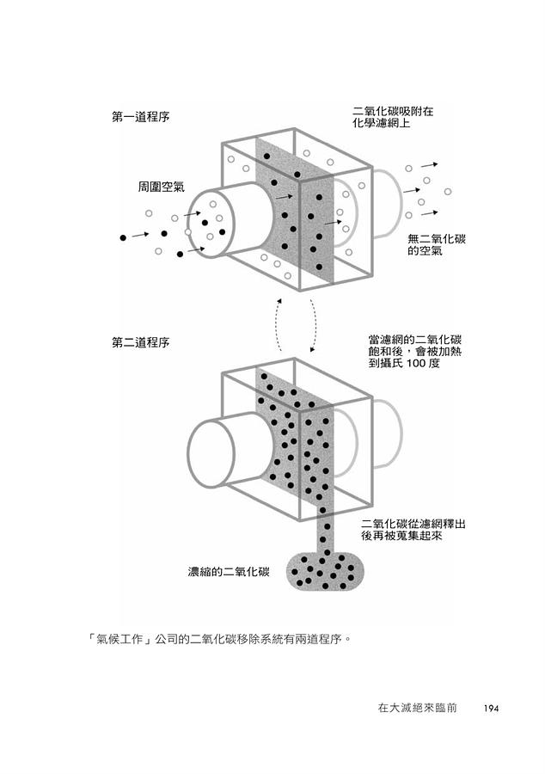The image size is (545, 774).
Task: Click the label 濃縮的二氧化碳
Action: click(230, 571)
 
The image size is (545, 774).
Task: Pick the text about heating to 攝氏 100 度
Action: click(414, 352)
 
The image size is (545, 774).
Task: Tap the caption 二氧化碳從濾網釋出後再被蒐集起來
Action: click(413, 529)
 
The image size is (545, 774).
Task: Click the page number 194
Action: click(491, 709)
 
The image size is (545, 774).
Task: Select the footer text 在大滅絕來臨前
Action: click(416, 709)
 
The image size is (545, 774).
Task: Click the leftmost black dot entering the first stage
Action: click(123, 236)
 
